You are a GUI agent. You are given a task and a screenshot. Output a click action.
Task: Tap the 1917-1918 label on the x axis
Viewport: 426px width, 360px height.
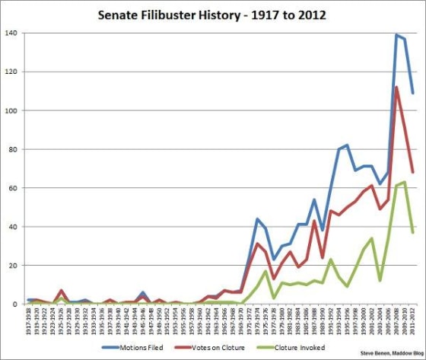[29, 321]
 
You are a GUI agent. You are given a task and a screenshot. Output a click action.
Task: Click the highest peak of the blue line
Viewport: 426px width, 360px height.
[396, 35]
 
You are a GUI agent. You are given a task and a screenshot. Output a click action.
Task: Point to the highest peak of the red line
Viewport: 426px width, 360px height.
[396, 87]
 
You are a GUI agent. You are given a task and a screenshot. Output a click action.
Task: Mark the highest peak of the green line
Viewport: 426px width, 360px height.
[405, 182]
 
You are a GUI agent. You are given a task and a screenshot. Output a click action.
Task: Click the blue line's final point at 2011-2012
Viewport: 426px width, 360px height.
[413, 94]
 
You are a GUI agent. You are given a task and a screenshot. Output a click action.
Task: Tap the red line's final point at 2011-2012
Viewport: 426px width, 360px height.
[413, 172]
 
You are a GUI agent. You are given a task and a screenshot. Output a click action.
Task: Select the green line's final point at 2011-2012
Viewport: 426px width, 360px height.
[413, 233]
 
